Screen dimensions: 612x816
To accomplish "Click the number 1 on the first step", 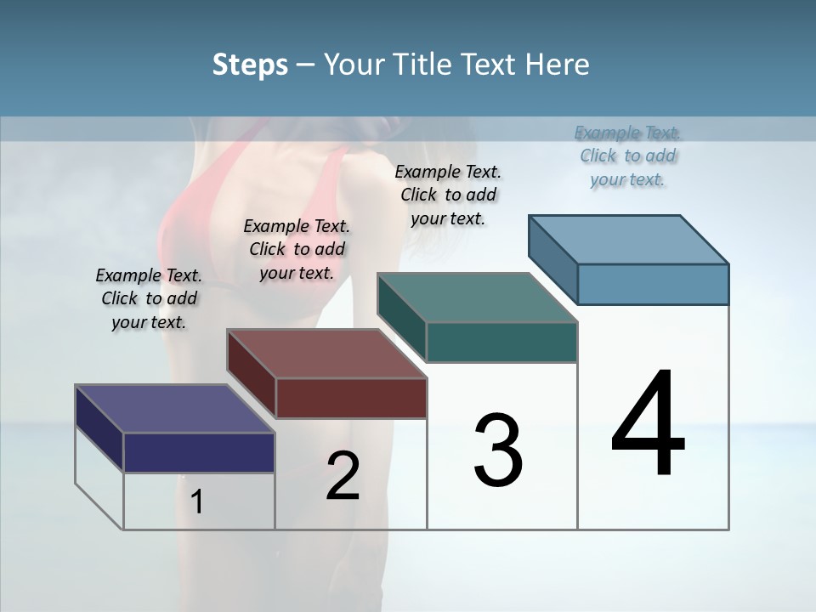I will click(x=197, y=502).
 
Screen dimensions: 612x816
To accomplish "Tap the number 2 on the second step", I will click(x=343, y=476).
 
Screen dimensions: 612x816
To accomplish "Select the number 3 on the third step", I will click(x=498, y=450).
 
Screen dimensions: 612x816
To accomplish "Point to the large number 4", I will click(x=648, y=424).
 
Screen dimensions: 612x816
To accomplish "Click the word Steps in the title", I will click(x=250, y=65).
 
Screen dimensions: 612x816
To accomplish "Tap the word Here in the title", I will click(x=559, y=65).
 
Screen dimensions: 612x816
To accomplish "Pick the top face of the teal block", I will click(x=477, y=297).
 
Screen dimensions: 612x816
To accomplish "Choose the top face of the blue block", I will click(x=628, y=240).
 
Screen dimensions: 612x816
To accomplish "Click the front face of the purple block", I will click(x=199, y=452).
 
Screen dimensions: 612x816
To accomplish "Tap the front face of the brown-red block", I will click(x=351, y=398).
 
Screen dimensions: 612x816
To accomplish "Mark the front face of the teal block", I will click(x=501, y=342).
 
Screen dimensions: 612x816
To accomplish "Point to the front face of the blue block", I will click(x=653, y=284).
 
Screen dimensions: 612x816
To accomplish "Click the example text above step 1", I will click(x=149, y=298).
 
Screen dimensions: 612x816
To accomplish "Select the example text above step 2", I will click(x=297, y=249).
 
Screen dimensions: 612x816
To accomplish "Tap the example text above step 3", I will click(x=448, y=195).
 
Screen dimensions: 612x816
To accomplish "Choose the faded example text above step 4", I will click(x=627, y=156).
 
